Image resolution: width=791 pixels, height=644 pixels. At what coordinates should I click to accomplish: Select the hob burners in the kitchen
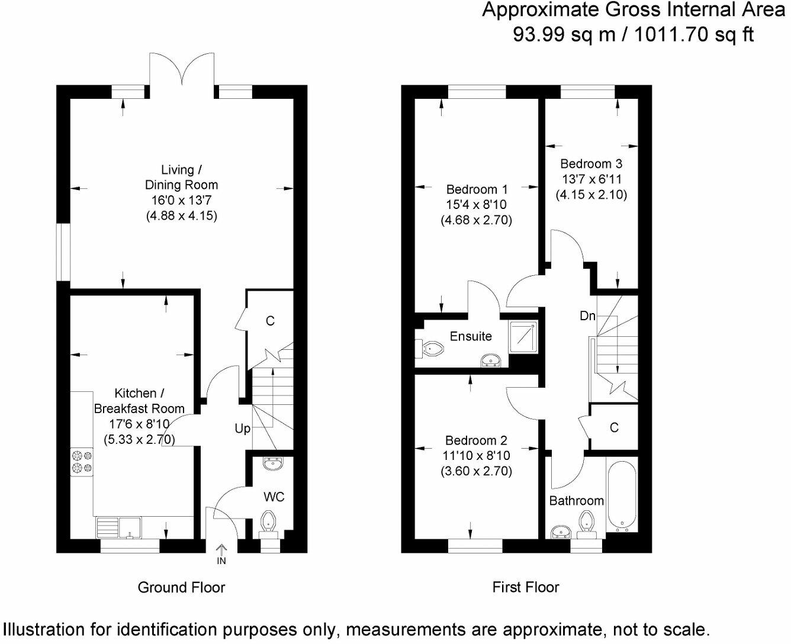click(82, 462)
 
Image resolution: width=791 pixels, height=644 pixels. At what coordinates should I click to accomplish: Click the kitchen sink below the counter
click(129, 527)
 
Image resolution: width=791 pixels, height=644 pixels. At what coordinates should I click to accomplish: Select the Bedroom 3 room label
click(591, 163)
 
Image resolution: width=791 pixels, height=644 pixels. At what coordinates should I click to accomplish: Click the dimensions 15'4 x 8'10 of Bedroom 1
click(476, 205)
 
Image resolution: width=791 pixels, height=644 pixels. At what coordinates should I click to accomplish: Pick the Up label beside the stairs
click(243, 429)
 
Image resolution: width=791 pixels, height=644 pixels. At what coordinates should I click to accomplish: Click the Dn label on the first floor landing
click(587, 316)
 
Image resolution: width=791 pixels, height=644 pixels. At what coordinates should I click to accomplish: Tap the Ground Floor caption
click(181, 587)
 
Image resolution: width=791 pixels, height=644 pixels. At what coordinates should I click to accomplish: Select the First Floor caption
click(526, 587)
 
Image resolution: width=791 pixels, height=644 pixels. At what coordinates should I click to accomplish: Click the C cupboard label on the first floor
click(614, 427)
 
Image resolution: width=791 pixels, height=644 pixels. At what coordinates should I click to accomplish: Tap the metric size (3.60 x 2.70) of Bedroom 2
click(476, 471)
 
